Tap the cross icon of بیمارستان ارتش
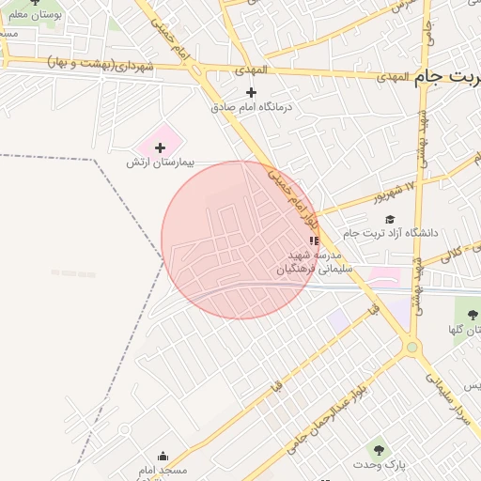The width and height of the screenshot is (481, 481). [160, 147]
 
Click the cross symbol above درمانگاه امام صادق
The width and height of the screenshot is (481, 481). [250, 92]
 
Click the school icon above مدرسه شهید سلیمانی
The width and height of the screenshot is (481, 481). [314, 241]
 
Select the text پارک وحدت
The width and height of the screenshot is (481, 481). [378, 465]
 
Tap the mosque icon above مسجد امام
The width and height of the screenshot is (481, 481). [163, 457]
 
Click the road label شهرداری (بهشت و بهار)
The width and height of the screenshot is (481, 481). [100, 64]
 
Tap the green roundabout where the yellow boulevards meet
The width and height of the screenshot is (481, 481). [411, 348]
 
